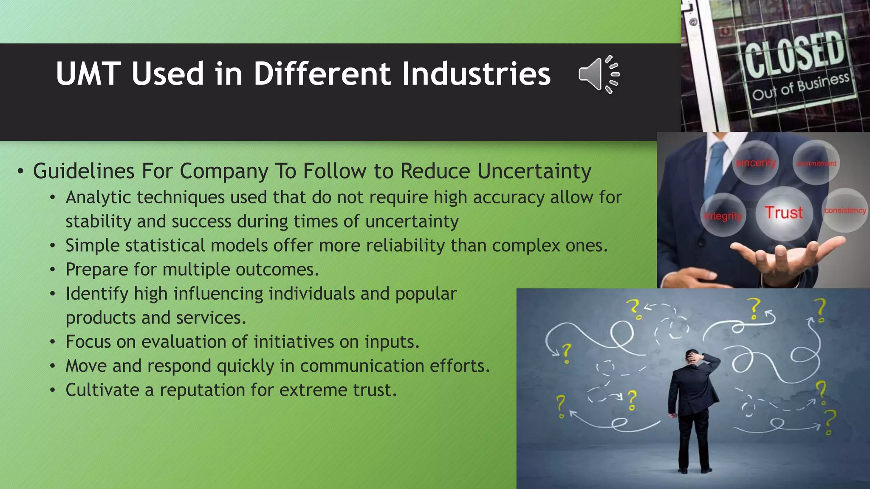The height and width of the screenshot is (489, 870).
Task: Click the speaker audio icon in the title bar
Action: click(x=599, y=74)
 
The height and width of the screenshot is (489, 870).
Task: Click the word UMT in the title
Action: click(x=88, y=74)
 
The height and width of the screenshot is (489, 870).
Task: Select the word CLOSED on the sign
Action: click(x=794, y=54)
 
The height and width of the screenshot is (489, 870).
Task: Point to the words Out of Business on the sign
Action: click(x=800, y=87)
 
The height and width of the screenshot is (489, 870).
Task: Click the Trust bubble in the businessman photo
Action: click(x=784, y=213)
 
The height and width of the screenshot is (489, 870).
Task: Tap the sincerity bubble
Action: click(x=756, y=163)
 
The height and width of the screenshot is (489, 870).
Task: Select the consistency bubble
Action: click(x=845, y=211)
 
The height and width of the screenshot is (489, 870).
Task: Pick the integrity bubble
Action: click(x=723, y=216)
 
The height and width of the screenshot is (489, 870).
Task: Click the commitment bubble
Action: click(x=816, y=163)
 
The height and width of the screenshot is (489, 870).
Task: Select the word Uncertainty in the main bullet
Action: click(x=534, y=171)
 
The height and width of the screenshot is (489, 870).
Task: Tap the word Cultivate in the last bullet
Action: click(x=102, y=390)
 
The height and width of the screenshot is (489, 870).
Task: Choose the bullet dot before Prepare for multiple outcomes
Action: click(x=52, y=270)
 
